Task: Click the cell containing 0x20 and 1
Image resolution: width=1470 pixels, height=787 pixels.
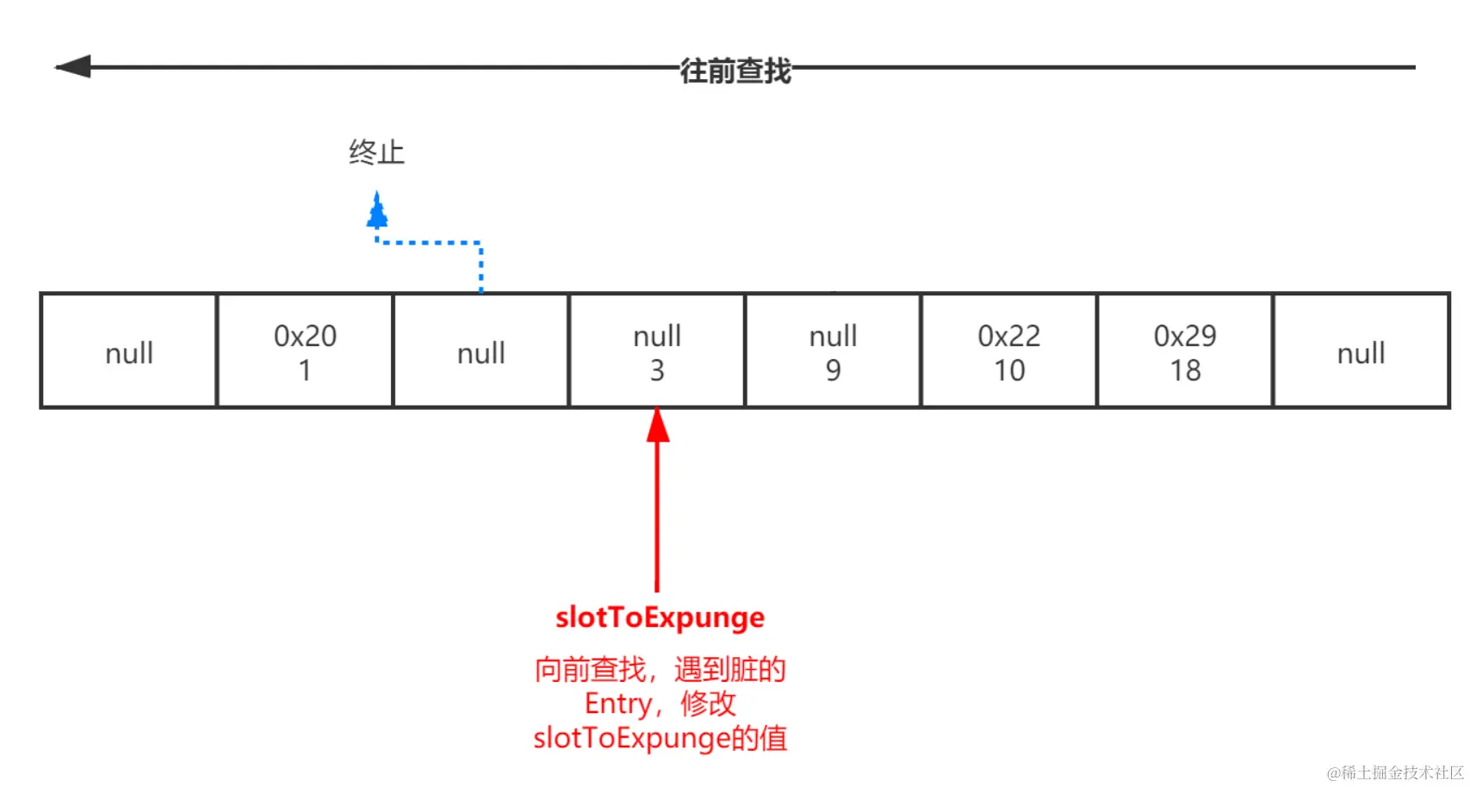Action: [305, 351]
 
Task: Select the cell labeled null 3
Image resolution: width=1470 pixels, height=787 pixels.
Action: [657, 351]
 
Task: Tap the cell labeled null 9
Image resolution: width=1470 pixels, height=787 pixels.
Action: [833, 351]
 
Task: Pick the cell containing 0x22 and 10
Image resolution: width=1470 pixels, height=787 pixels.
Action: [1008, 351]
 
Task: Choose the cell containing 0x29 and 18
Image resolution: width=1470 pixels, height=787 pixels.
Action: [1185, 351]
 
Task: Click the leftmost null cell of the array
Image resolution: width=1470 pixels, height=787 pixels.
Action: [129, 351]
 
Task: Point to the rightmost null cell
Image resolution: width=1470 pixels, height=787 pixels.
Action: [1361, 351]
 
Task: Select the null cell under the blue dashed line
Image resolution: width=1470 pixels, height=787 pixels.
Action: [481, 351]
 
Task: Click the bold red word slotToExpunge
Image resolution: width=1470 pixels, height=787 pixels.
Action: [660, 617]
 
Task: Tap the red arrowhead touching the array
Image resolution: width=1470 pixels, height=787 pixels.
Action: [658, 424]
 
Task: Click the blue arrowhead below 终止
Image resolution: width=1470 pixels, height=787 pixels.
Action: [377, 211]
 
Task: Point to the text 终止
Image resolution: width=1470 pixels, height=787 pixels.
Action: [376, 152]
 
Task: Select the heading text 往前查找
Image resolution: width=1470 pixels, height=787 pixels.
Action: [735, 70]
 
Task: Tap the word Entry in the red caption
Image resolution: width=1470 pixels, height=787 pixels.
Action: [617, 703]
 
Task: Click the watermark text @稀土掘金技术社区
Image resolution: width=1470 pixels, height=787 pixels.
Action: [1394, 772]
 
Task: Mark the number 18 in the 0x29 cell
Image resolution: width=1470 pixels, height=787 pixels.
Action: [1185, 370]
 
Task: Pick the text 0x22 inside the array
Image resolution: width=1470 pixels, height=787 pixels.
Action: [1008, 335]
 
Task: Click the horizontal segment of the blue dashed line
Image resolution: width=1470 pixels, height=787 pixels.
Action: [429, 243]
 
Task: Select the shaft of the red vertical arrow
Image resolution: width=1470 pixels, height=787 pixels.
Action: [657, 517]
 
